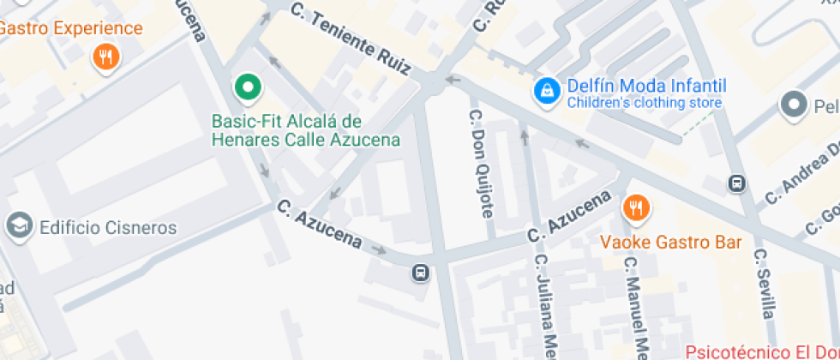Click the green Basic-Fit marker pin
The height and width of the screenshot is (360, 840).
coord(249,86)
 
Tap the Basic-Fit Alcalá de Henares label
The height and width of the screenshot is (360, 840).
coord(306,129)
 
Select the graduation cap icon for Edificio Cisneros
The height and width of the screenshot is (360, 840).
coord(16,227)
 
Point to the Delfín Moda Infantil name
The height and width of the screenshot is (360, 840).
coord(646,86)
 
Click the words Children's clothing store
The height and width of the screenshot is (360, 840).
coord(644,103)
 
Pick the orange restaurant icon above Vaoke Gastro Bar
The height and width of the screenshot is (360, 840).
coord(635,207)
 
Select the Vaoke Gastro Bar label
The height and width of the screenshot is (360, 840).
coord(670,243)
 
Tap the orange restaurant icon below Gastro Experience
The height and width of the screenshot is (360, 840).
coord(105,57)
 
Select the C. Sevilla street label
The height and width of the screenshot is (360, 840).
coord(765,284)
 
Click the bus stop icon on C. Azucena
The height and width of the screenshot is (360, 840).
coord(420,273)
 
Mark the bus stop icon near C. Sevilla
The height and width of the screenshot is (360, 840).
coord(736,183)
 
